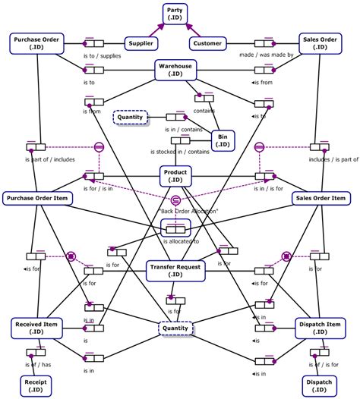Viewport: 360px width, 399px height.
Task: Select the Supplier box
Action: pos(141,43)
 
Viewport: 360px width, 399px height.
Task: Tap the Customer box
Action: pos(208,43)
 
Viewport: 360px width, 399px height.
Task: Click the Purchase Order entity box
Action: pos(37,42)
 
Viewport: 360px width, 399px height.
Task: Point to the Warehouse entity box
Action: pos(175,71)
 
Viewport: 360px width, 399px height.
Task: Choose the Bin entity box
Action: pos(223,140)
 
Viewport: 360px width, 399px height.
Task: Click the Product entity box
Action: pos(175,176)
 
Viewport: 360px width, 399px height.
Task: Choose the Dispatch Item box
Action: pos(322,327)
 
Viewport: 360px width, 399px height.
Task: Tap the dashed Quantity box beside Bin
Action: pos(130,117)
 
